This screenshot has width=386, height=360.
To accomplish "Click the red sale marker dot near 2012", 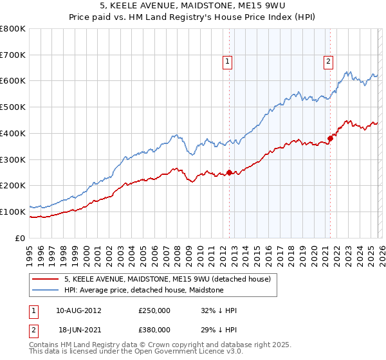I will [229, 172].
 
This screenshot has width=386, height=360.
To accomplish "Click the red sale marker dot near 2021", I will [330, 138].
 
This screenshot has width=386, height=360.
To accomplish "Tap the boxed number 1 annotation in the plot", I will [227, 62].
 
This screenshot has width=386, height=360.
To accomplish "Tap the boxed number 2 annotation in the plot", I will [328, 62].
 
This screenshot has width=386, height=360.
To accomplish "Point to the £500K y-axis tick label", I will [13, 107].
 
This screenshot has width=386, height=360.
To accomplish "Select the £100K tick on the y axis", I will [13, 212].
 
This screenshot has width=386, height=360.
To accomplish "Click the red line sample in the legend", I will [46, 279].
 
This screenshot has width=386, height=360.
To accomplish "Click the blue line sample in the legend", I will [46, 290].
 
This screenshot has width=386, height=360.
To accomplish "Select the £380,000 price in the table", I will [154, 328].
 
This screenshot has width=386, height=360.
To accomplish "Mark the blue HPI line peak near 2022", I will [347, 71].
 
